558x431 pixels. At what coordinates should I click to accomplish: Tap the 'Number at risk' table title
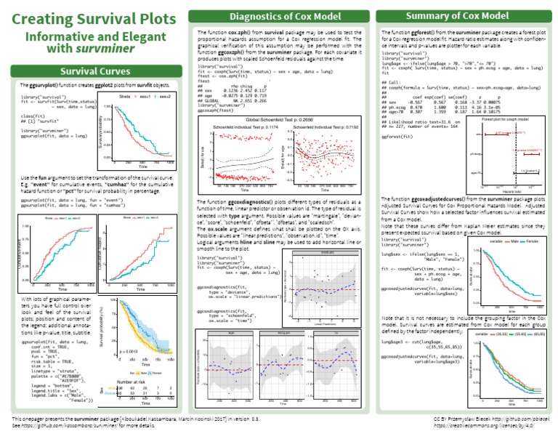tap(133, 380)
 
